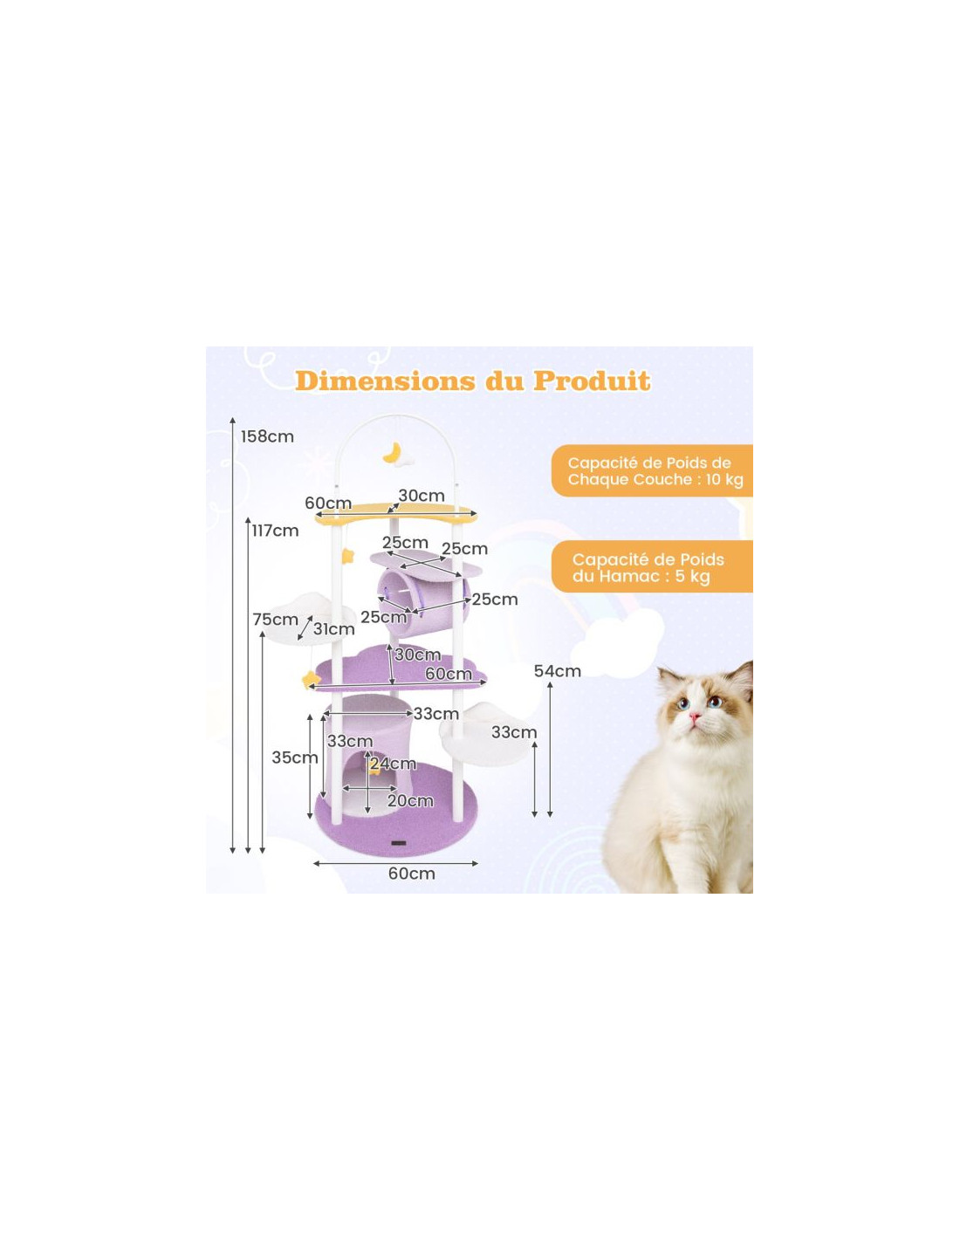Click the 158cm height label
(267, 437)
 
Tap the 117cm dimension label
(275, 531)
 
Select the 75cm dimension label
(275, 620)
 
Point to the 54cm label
(558, 671)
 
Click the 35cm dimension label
(295, 758)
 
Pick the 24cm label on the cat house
(393, 764)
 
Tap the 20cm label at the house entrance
(410, 801)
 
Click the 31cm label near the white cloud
(333, 629)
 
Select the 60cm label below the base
(411, 874)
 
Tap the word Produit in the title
(592, 381)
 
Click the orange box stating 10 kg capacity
(652, 470)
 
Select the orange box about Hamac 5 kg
(652, 567)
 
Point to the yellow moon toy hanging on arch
(393, 452)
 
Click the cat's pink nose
(695, 716)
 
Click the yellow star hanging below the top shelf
(347, 556)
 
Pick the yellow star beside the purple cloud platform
(311, 680)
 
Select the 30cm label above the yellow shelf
(422, 496)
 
